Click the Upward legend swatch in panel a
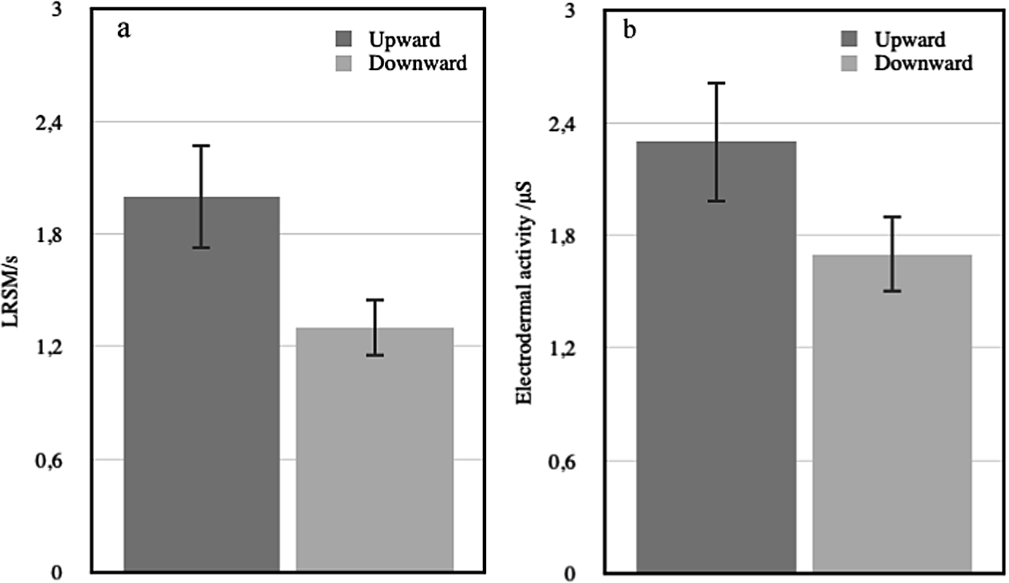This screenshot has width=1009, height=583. [x=343, y=39]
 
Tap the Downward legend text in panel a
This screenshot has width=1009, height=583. [x=417, y=63]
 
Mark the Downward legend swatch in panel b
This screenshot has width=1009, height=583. [x=848, y=63]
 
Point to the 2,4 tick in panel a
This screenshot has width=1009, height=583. [x=52, y=123]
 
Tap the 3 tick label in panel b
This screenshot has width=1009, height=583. [x=571, y=10]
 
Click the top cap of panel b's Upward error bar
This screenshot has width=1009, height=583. [x=716, y=83]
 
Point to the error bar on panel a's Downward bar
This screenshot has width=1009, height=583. [x=375, y=327]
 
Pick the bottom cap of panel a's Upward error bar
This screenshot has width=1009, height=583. [x=202, y=248]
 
